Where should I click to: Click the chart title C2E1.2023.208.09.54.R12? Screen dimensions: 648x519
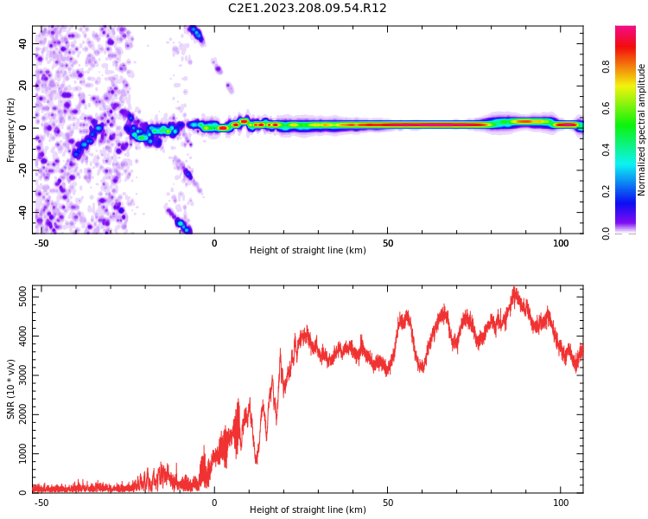coord(307,8)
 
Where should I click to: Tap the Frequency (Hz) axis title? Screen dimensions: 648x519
coord(10,130)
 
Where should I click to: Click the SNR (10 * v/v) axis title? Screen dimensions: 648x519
coord(10,389)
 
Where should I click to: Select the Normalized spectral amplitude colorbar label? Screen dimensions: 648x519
coord(641,130)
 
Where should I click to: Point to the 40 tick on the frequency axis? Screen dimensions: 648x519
coord(22,43)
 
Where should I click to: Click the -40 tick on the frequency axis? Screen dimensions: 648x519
coord(22,212)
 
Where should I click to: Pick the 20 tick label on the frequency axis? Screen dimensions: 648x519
coord(22,86)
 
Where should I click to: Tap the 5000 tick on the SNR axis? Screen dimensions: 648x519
coord(22,297)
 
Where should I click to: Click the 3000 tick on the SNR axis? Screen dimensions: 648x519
coord(22,375)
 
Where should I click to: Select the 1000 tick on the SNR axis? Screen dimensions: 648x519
coord(22,453)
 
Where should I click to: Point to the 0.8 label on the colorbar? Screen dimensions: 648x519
coord(606,67)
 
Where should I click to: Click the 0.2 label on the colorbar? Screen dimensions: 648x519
coord(606,191)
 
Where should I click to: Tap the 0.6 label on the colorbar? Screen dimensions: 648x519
coord(606,108)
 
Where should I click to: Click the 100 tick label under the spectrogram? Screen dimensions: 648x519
coord(561,243)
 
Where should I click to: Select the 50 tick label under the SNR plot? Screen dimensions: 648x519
coord(388,503)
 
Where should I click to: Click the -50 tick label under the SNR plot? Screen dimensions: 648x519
coord(41,503)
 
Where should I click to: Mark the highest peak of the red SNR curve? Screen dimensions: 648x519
coord(514,287)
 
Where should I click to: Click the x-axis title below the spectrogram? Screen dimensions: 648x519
coord(308,250)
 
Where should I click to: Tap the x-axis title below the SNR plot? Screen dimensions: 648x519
coord(308,509)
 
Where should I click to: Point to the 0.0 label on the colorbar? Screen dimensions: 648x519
coord(606,234)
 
